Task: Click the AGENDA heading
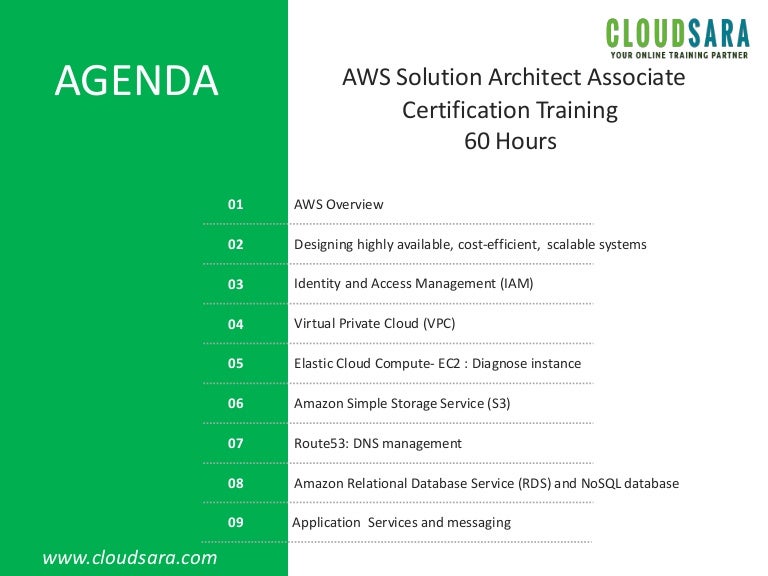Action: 136,80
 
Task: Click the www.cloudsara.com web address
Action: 129,557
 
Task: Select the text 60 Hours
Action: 510,141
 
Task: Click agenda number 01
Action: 236,204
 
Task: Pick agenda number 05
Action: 236,363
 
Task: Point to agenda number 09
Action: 236,522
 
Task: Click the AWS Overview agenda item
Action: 338,204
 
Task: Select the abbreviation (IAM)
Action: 517,284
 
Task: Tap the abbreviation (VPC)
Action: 439,324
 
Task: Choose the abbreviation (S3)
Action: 499,404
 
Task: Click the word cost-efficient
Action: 499,244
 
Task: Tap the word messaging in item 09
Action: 479,523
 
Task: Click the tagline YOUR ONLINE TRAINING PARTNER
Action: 679,55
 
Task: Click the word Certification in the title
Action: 466,110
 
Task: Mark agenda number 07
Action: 236,443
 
